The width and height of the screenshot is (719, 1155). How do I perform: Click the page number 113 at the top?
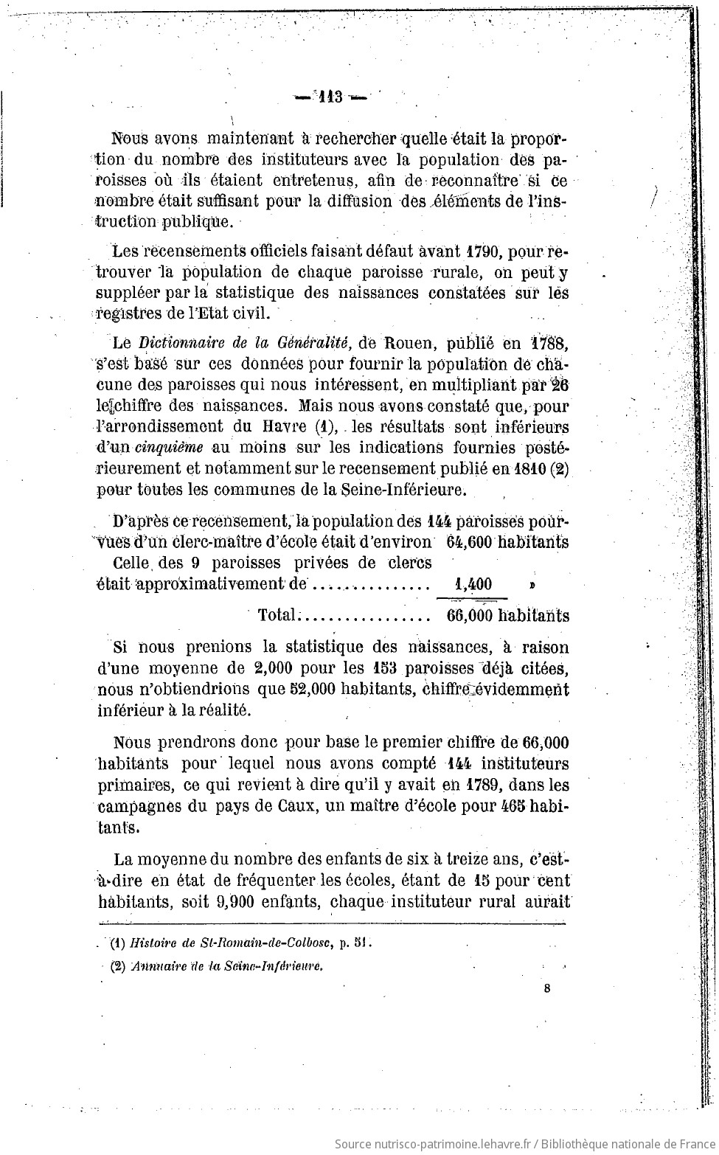pyautogui.click(x=330, y=97)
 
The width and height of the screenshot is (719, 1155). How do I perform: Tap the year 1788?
pyautogui.click(x=549, y=343)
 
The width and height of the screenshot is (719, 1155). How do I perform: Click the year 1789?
pyautogui.click(x=482, y=784)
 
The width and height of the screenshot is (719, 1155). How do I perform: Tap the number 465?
pyautogui.click(x=508, y=805)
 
